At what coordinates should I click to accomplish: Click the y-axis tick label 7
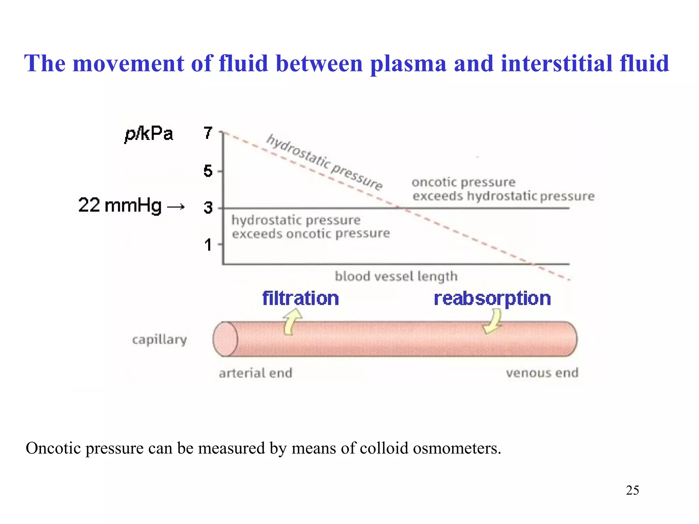(x=208, y=133)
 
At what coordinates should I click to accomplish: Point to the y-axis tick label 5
(x=208, y=171)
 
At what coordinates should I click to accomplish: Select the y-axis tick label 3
(x=208, y=207)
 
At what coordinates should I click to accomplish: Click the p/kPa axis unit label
(x=149, y=134)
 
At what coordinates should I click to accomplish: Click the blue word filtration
(x=300, y=299)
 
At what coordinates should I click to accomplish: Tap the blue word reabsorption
(x=492, y=299)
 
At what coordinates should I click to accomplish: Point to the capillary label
(x=159, y=339)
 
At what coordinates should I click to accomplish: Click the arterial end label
(x=256, y=373)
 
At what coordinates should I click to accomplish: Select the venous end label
(x=542, y=373)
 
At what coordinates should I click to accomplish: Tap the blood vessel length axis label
(x=396, y=276)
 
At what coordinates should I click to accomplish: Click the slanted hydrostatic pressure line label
(x=324, y=162)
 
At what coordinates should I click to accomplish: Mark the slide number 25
(x=632, y=490)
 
